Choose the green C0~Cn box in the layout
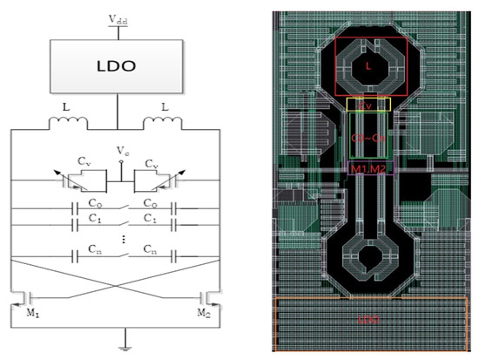tap(368, 137)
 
